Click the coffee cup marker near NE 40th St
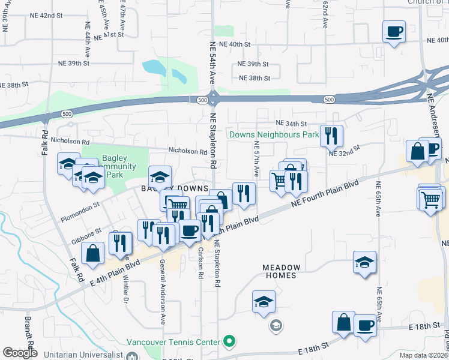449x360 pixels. [x=394, y=31]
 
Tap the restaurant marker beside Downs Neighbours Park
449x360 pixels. [x=331, y=136]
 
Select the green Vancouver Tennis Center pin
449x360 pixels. [x=228, y=342]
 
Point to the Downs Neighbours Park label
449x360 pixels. [x=273, y=135]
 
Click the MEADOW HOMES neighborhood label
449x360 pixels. [x=279, y=271]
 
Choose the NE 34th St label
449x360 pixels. [x=292, y=124]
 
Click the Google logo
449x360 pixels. [x=20, y=353]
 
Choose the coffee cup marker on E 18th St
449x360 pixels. [x=365, y=326]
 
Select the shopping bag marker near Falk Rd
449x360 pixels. [x=93, y=254]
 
